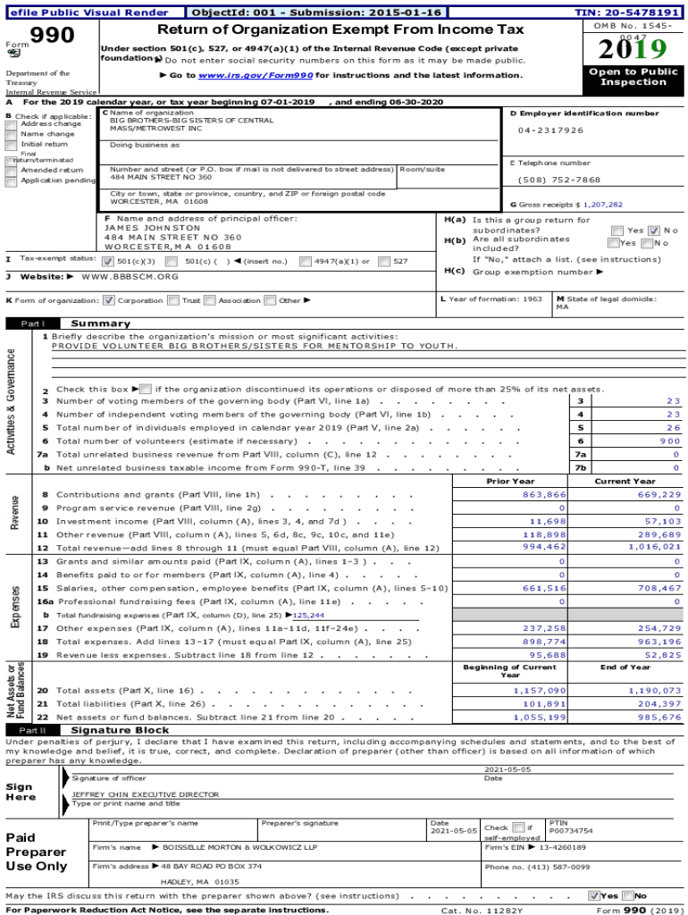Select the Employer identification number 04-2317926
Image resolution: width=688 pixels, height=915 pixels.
551,130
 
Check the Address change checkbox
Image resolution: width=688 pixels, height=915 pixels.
12,124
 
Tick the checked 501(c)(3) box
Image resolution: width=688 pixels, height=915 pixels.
108,262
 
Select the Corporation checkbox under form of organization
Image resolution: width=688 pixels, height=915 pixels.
109,300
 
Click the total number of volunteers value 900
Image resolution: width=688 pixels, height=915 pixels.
669,441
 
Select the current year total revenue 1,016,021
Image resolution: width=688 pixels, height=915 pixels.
654,547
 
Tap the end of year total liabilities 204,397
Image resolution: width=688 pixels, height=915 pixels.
659,703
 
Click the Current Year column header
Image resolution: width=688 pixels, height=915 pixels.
625,481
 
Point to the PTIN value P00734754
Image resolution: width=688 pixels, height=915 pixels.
571,830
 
